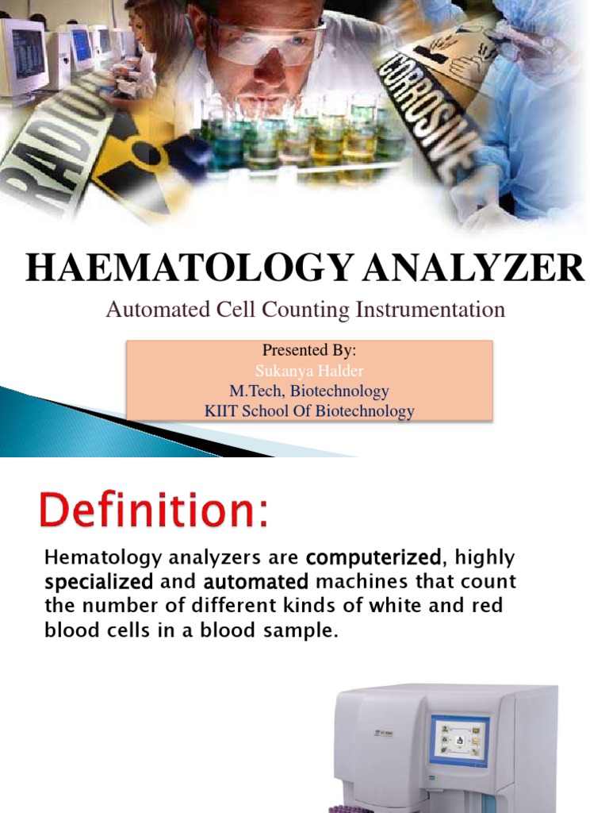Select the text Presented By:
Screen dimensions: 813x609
click(310, 350)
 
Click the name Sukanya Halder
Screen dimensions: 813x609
click(310, 370)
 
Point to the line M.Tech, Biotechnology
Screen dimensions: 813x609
click(310, 391)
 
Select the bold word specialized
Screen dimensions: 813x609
click(100, 582)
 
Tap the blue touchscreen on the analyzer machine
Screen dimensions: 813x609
click(459, 737)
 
